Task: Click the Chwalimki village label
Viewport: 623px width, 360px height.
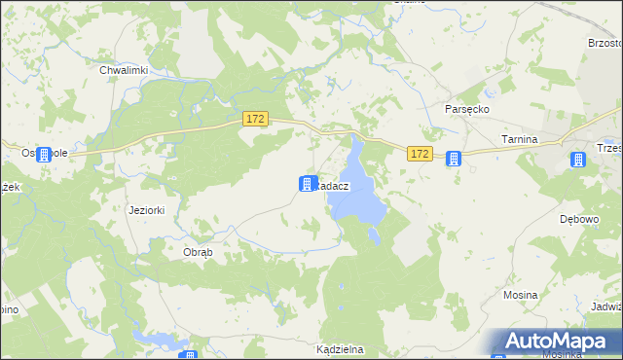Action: [x=123, y=70]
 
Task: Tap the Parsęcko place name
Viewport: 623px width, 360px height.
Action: [x=466, y=110]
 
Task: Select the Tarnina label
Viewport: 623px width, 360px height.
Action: [x=519, y=140]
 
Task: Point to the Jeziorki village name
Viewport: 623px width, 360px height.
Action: [x=148, y=210]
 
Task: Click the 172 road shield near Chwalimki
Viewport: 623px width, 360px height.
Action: [x=254, y=119]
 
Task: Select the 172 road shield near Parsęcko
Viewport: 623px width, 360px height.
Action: [x=420, y=154]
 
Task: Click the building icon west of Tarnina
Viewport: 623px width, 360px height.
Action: [x=453, y=159]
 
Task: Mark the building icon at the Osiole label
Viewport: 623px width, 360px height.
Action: [x=44, y=154]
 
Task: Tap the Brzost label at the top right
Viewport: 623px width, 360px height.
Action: [x=604, y=43]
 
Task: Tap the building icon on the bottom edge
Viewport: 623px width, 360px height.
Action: [x=189, y=355]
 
